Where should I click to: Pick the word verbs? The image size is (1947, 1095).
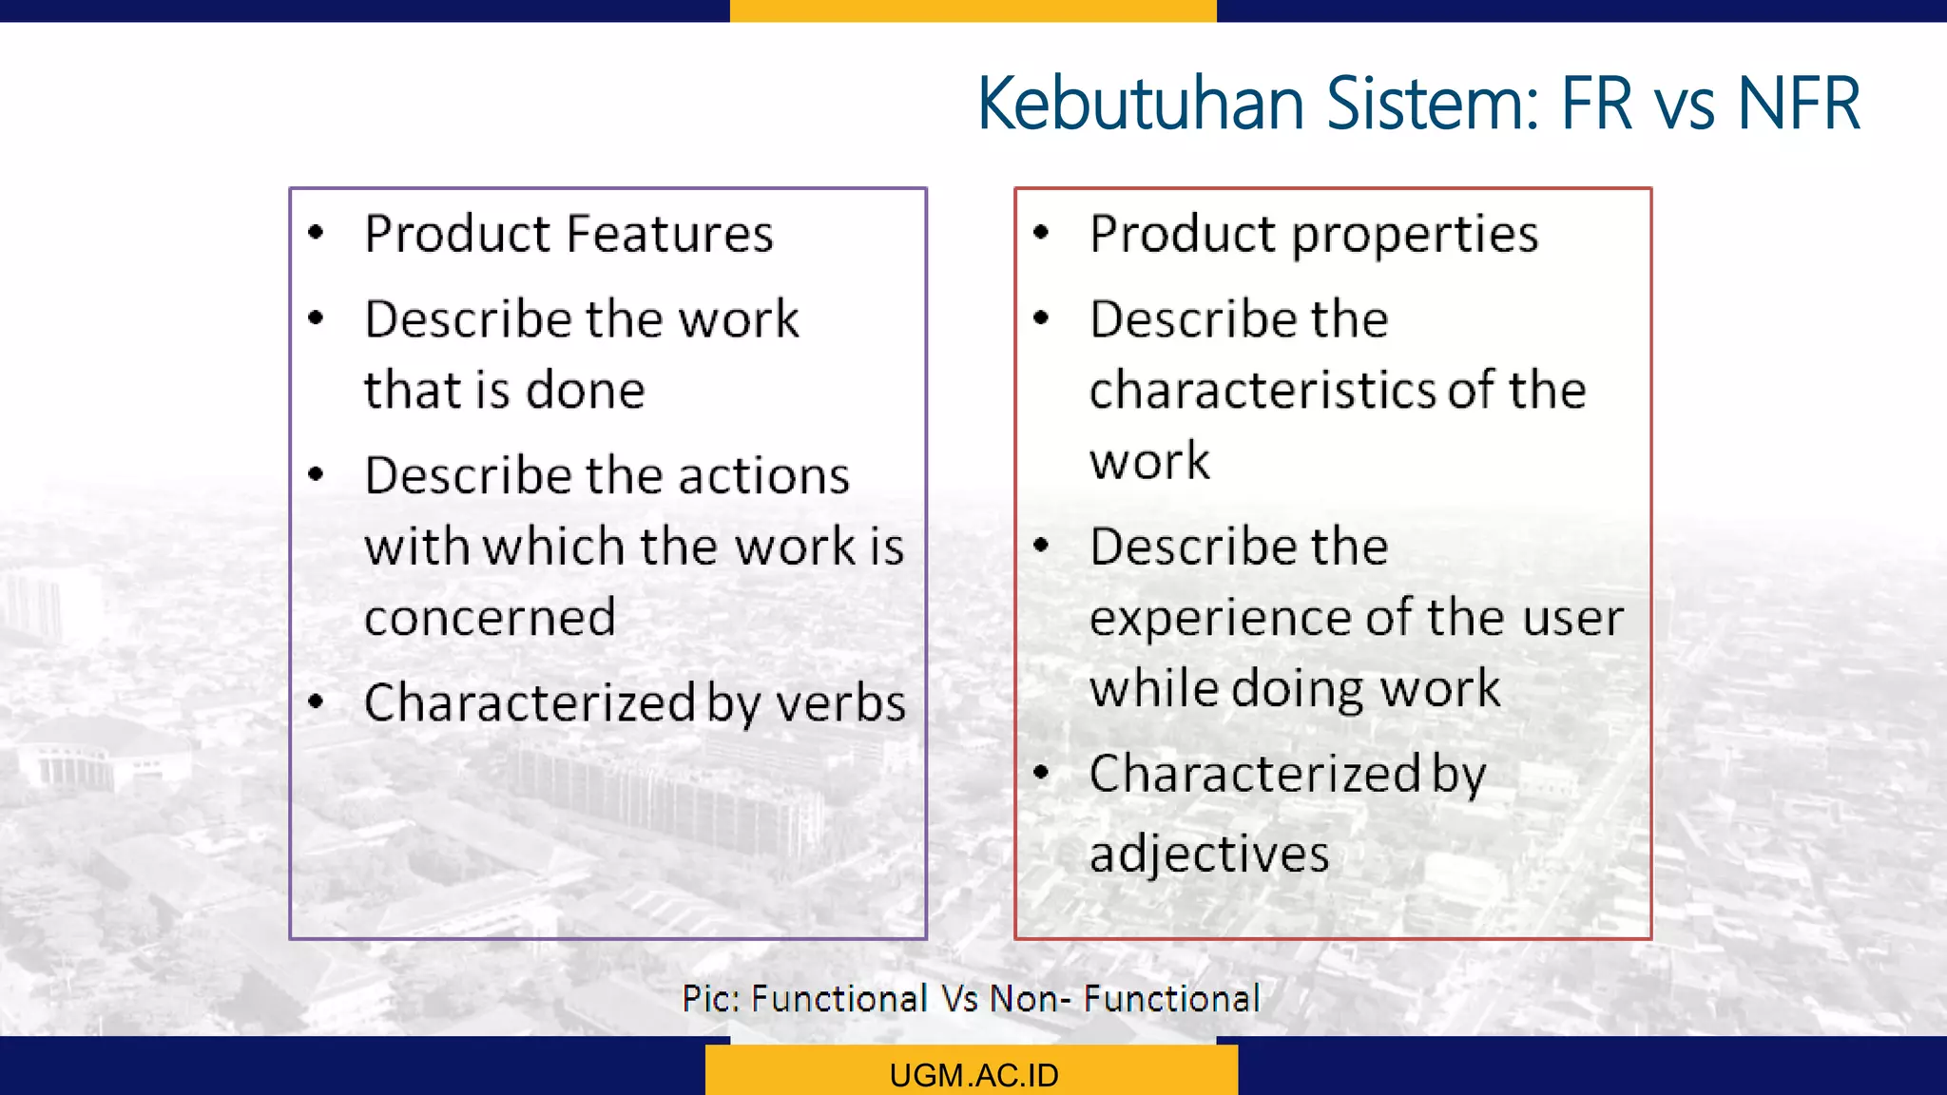840,703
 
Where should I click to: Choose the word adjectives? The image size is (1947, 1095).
1209,854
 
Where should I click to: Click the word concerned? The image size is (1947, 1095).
490,618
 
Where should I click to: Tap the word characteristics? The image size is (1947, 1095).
1263,391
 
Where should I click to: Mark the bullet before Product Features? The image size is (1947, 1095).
317,232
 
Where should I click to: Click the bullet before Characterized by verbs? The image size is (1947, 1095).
317,702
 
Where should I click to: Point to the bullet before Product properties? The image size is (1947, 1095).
1041,232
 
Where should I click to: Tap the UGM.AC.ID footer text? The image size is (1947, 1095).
973,1075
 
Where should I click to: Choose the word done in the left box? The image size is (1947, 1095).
586,391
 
